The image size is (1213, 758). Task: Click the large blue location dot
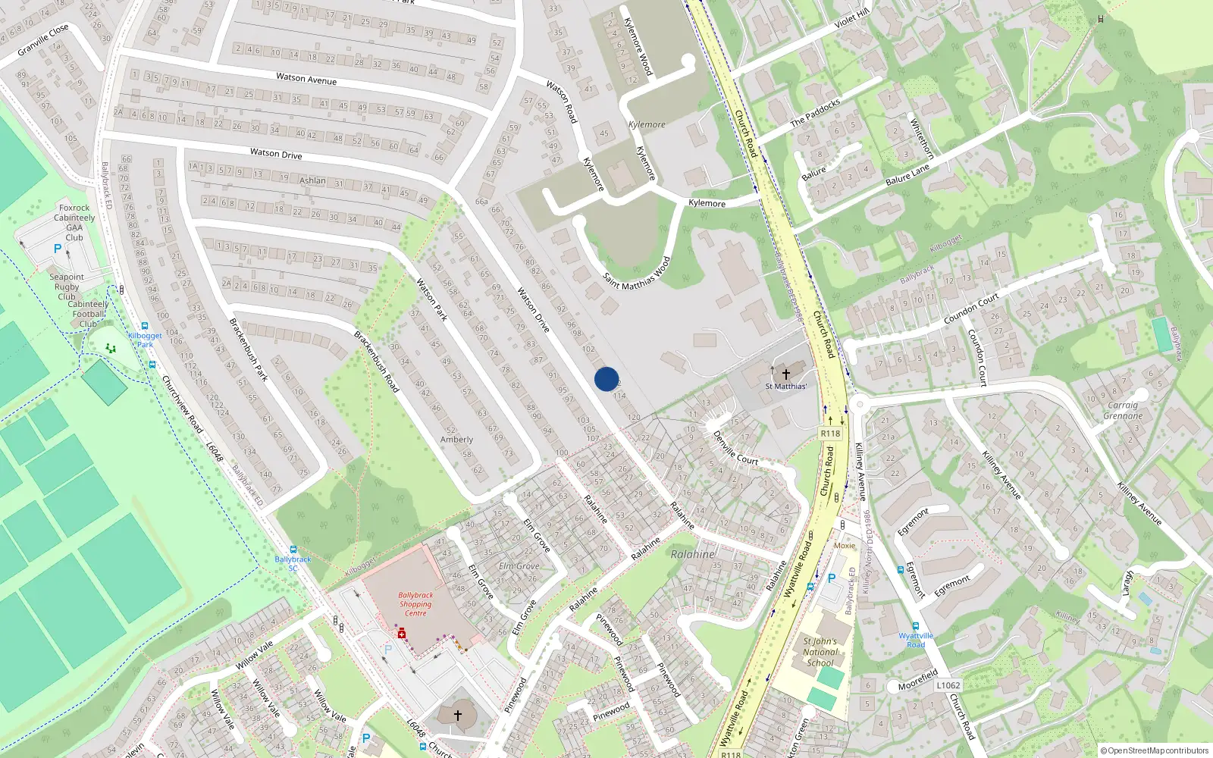pos(606,379)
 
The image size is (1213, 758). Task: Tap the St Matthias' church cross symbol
pos(786,374)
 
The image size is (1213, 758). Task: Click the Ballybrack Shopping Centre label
pos(415,604)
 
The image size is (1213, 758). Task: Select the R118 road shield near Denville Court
pos(830,434)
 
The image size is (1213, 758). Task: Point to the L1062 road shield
pos(948,685)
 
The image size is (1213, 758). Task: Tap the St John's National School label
pos(820,652)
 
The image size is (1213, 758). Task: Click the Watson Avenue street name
pos(306,78)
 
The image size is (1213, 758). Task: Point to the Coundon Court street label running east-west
pos(971,309)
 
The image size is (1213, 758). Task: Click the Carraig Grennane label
pos(1123,410)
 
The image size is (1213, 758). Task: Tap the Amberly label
pos(456,440)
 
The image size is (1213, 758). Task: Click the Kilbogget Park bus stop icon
pos(144,327)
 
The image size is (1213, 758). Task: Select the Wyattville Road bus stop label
pos(916,640)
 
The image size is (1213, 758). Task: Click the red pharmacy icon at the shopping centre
pos(402,634)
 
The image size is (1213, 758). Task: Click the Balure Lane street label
pos(907,176)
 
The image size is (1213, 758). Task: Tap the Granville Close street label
pos(43,39)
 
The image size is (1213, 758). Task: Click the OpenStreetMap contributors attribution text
pos(1155,750)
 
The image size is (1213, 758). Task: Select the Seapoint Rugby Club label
pos(67,287)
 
